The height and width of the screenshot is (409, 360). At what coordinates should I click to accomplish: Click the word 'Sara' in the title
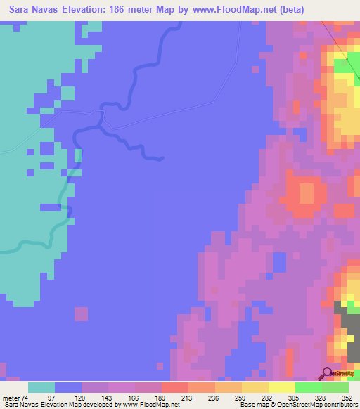[21, 10]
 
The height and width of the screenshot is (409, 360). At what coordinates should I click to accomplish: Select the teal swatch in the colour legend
[41, 387]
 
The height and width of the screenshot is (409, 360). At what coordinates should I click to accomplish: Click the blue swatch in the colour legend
[68, 387]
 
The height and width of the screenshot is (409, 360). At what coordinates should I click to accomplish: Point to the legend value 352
[345, 397]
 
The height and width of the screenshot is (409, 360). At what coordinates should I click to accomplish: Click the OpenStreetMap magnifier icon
[327, 373]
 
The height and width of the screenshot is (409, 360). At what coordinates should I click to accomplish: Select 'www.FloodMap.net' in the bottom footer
[150, 405]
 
